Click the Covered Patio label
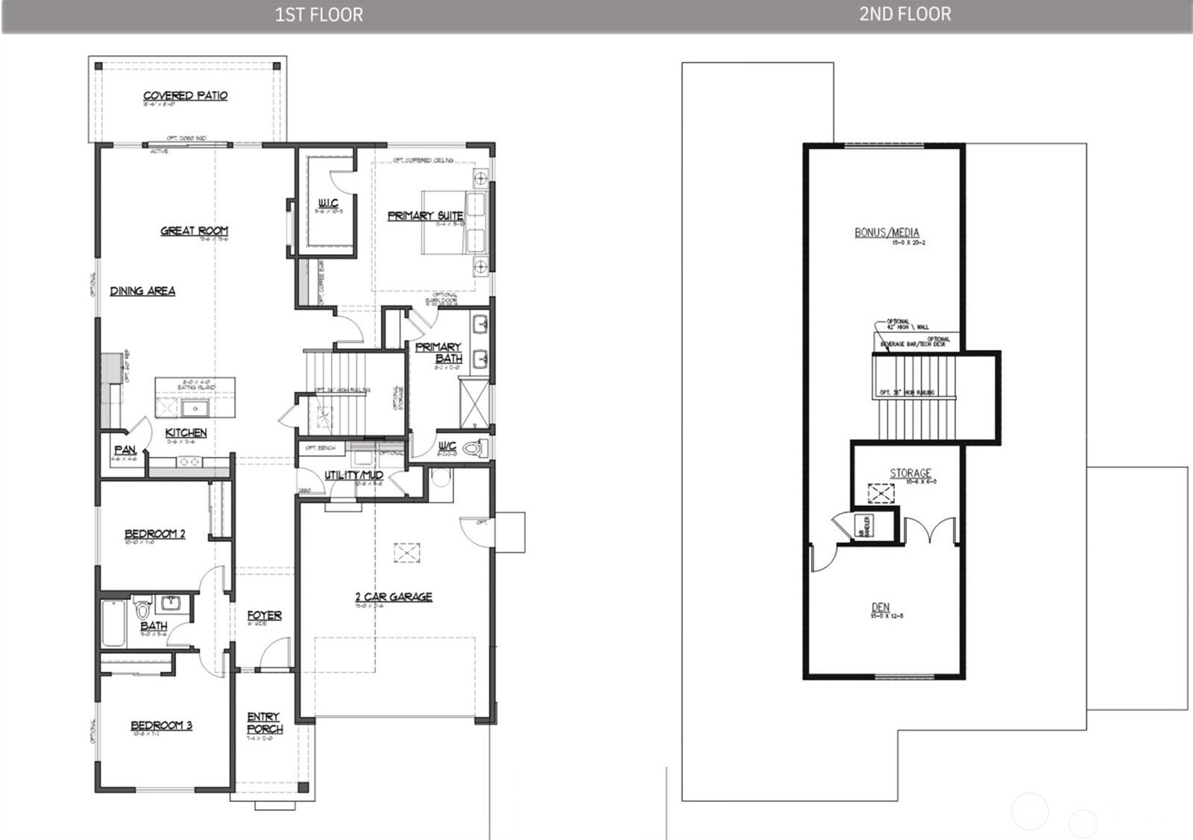[185, 95]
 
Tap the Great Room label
[194, 231]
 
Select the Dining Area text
[142, 291]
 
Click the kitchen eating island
[195, 398]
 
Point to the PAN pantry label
[125, 450]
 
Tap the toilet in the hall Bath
[143, 607]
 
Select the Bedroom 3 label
[161, 725]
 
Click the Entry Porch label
[265, 722]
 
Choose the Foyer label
[265, 616]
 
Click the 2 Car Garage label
[394, 597]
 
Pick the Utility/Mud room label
[353, 475]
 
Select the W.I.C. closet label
[328, 203]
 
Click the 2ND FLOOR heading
[904, 14]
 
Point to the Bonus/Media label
[887, 233]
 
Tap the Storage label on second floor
[910, 473]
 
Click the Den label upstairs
[881, 607]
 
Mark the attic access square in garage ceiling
[407, 553]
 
